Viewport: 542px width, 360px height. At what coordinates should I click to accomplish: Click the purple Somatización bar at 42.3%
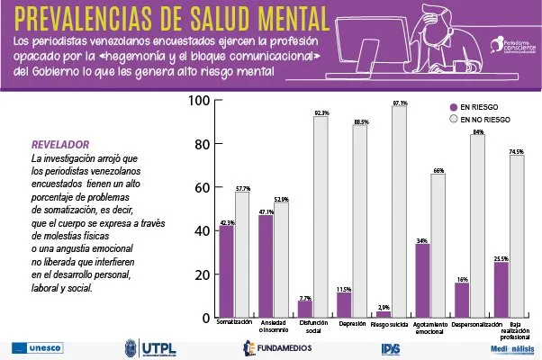[x=227, y=271]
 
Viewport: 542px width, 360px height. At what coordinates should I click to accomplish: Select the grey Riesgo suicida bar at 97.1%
[x=399, y=211]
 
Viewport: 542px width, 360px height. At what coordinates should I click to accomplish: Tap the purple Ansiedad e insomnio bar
[x=266, y=266]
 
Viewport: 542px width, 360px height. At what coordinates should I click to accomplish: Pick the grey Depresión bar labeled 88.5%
[x=360, y=220]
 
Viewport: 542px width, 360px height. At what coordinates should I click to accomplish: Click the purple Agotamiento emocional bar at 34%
[x=422, y=280]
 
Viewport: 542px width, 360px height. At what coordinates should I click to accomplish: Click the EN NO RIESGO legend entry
[x=481, y=118]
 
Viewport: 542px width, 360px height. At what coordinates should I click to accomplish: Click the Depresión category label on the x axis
[x=352, y=322]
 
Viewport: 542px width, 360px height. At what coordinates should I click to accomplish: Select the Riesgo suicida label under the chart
[x=391, y=322]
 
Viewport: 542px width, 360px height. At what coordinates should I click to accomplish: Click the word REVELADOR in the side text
[x=60, y=144]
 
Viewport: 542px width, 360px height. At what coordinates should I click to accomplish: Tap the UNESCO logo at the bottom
[x=37, y=347]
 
